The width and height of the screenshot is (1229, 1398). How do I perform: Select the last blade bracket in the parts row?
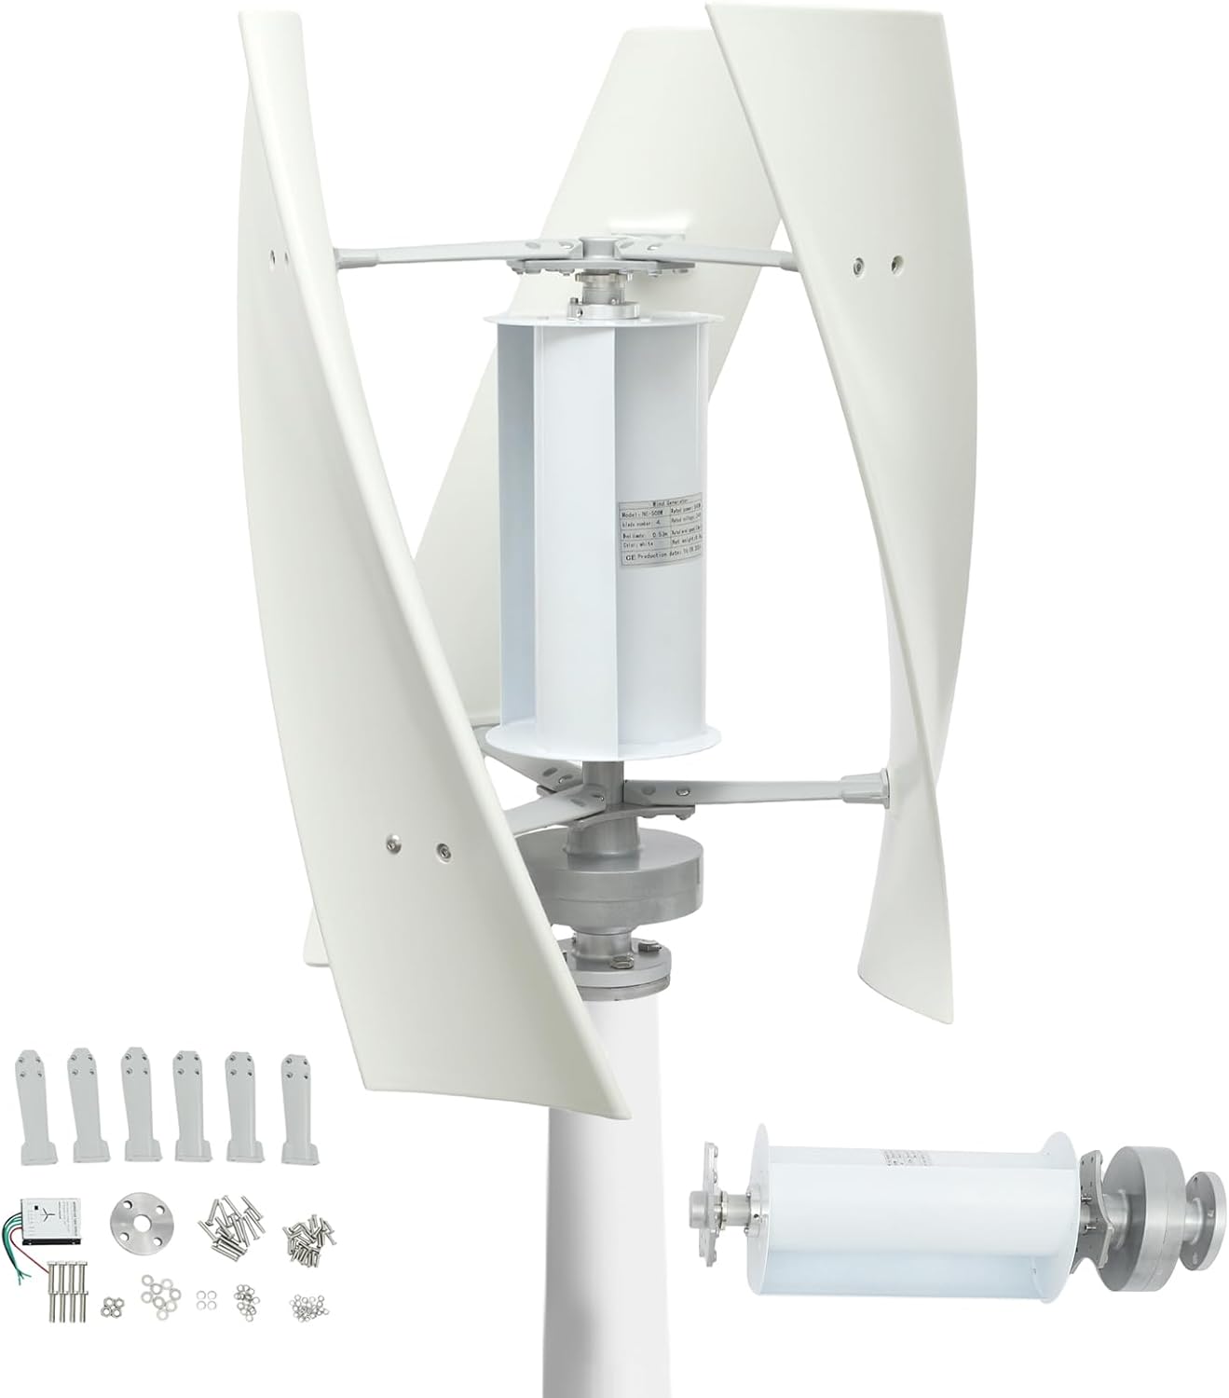pos(294,1107)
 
